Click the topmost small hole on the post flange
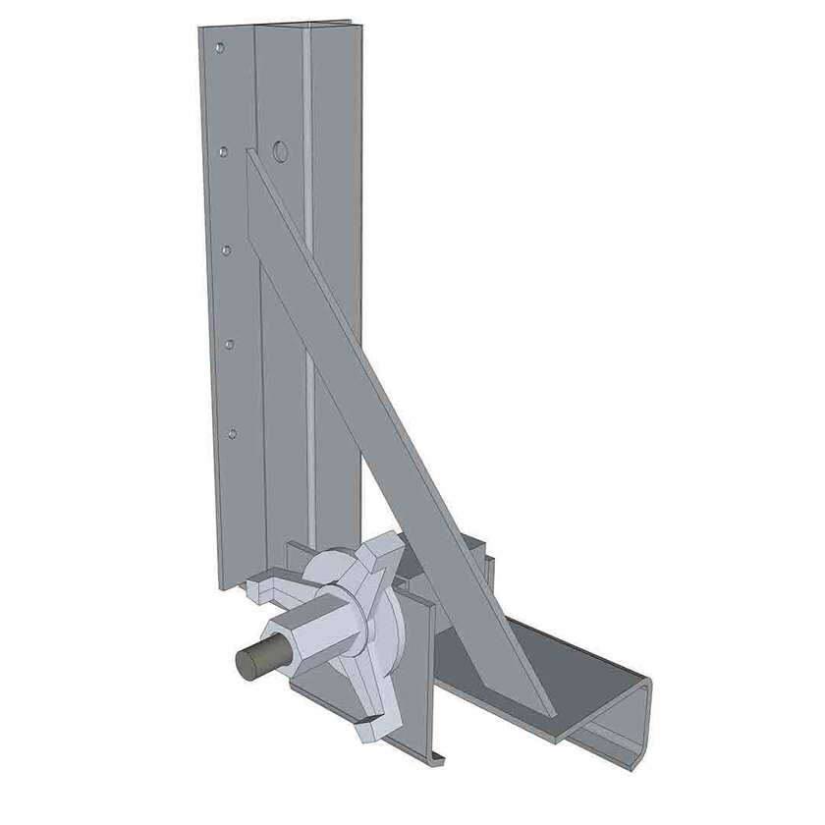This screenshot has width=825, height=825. click(x=219, y=47)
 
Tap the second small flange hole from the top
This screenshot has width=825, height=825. click(x=224, y=151)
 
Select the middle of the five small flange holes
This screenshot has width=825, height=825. click(x=226, y=250)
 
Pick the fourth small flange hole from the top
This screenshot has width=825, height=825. click(x=229, y=344)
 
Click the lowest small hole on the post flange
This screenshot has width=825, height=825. click(x=232, y=432)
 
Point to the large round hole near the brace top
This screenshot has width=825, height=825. click(x=280, y=151)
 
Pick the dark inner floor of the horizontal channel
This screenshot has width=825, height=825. click(x=550, y=648)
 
